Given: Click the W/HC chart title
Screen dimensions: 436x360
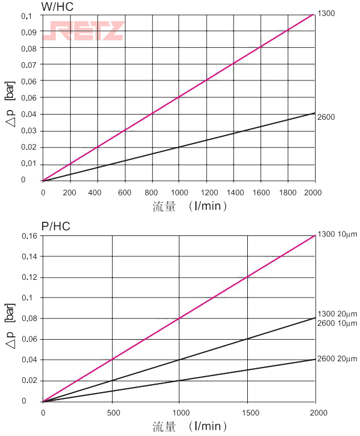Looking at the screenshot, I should click(x=58, y=7).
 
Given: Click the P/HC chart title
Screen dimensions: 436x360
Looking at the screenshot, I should click(x=56, y=226).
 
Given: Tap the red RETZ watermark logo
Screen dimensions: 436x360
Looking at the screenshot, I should click(x=86, y=31).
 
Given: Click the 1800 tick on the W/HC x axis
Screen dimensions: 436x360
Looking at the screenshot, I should click(x=288, y=192).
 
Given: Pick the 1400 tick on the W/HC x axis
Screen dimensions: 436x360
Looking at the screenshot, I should click(x=234, y=192).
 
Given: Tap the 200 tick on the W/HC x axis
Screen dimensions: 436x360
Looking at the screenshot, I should click(x=70, y=192).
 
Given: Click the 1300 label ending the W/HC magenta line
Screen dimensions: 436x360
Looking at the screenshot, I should click(x=326, y=13).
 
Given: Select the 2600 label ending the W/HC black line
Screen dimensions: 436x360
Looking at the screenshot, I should click(x=326, y=117).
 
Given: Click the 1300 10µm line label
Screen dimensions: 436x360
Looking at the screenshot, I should click(x=337, y=234).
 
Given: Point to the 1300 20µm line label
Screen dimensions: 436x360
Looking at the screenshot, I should click(x=337, y=314).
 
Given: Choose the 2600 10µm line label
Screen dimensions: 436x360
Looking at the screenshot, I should click(x=337, y=323).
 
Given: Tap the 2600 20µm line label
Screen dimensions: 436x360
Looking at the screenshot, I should click(x=337, y=358).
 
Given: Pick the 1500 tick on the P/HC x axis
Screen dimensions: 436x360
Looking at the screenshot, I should click(x=248, y=412).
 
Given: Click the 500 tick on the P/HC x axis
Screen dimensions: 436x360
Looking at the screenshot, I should click(x=112, y=412).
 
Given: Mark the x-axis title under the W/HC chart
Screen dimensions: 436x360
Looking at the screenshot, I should click(x=190, y=206).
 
